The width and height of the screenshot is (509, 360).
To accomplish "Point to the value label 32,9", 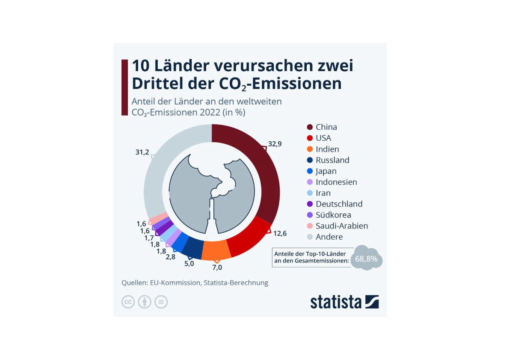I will [x=275, y=144].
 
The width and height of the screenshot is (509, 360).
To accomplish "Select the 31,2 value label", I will [x=142, y=152].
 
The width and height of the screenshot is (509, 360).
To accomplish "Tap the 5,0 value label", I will [x=189, y=264].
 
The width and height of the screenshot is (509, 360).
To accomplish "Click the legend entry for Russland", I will [x=332, y=160].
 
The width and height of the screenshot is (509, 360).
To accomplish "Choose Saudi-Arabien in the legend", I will [x=342, y=226].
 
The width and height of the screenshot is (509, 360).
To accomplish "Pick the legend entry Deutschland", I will [x=339, y=204].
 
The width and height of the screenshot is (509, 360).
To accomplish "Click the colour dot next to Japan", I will [x=310, y=171].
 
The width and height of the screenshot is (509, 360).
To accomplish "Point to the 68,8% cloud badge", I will [x=366, y=259].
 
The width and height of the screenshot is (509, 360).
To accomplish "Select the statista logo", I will [x=344, y=301].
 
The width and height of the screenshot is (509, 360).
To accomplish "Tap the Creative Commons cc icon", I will [x=128, y=302].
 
